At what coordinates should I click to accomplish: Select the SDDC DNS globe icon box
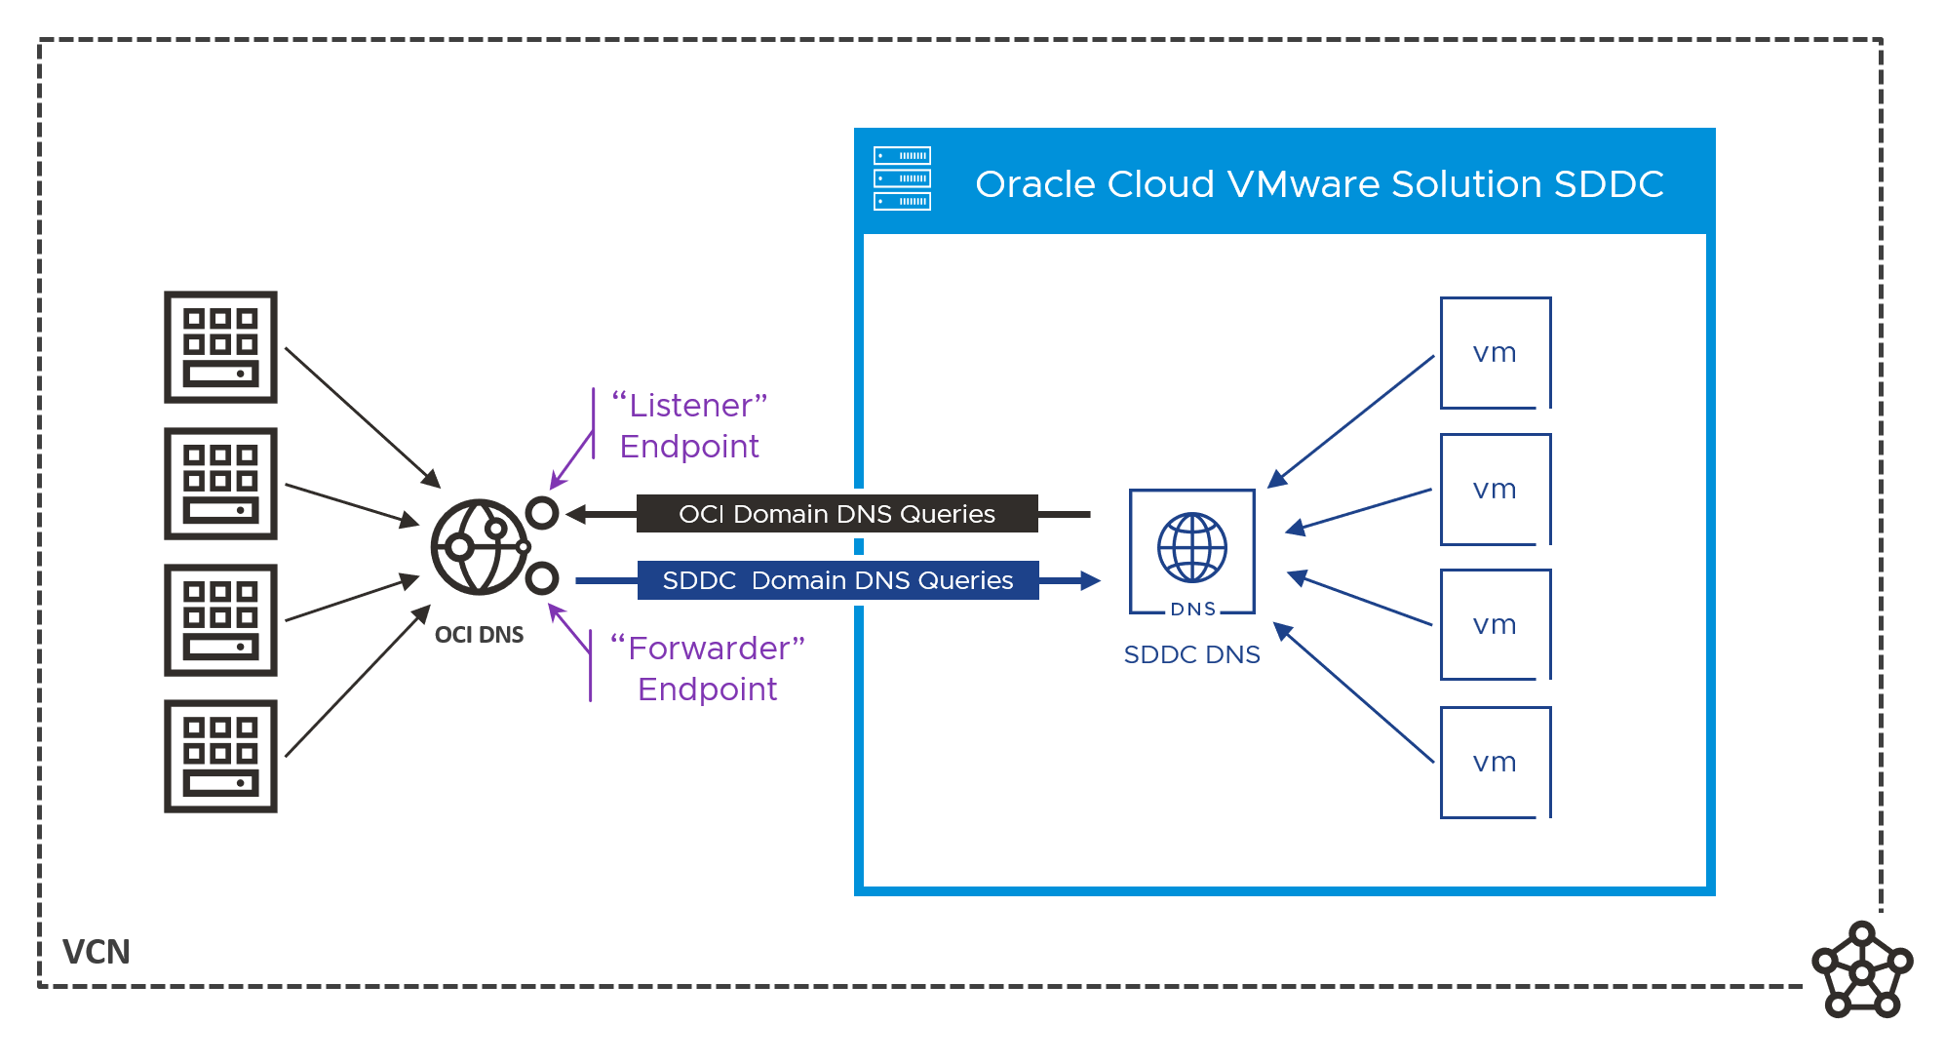pos(1191,552)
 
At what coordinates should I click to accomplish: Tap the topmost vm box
pos(1495,353)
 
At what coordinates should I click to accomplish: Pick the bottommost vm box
pos(1495,763)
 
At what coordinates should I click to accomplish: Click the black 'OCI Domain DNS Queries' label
pos(836,514)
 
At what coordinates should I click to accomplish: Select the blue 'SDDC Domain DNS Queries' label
pos(837,580)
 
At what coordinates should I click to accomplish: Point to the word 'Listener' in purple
pos(689,406)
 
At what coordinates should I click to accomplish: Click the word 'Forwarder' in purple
pos(708,649)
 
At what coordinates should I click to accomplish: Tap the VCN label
pos(96,952)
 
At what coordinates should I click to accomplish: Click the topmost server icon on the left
pos(220,347)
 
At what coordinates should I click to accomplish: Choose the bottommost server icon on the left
pos(220,756)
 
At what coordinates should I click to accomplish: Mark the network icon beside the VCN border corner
pos(1862,970)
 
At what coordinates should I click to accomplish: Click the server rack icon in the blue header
pos(902,178)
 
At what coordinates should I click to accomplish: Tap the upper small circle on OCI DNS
pos(542,513)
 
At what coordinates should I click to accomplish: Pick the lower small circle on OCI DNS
pos(542,578)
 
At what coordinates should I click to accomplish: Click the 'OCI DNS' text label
pos(479,635)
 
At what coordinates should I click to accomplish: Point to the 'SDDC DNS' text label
pos(1191,655)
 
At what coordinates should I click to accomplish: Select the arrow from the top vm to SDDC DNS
pos(1350,421)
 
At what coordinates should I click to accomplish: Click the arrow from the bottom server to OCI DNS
pos(357,681)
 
